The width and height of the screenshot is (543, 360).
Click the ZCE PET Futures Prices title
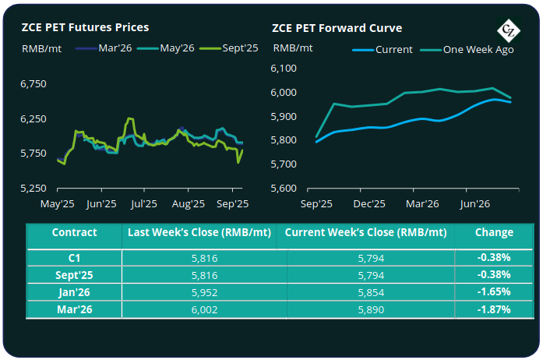coord(86,27)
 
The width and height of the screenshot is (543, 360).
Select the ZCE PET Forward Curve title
coord(337,27)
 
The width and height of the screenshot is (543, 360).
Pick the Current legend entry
coord(387,49)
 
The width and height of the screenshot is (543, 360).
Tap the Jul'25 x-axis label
coord(145,204)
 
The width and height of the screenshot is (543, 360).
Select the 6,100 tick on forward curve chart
coord(284,69)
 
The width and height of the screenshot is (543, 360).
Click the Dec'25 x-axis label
coord(370,204)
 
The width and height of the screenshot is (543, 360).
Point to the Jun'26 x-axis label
coord(475,204)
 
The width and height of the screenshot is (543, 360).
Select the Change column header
coord(495,232)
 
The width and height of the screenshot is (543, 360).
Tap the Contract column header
coord(74,232)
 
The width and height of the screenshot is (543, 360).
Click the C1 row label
coord(74,256)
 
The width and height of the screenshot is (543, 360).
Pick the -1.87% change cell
coord(495,309)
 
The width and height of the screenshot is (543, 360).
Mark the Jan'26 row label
coord(74,291)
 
